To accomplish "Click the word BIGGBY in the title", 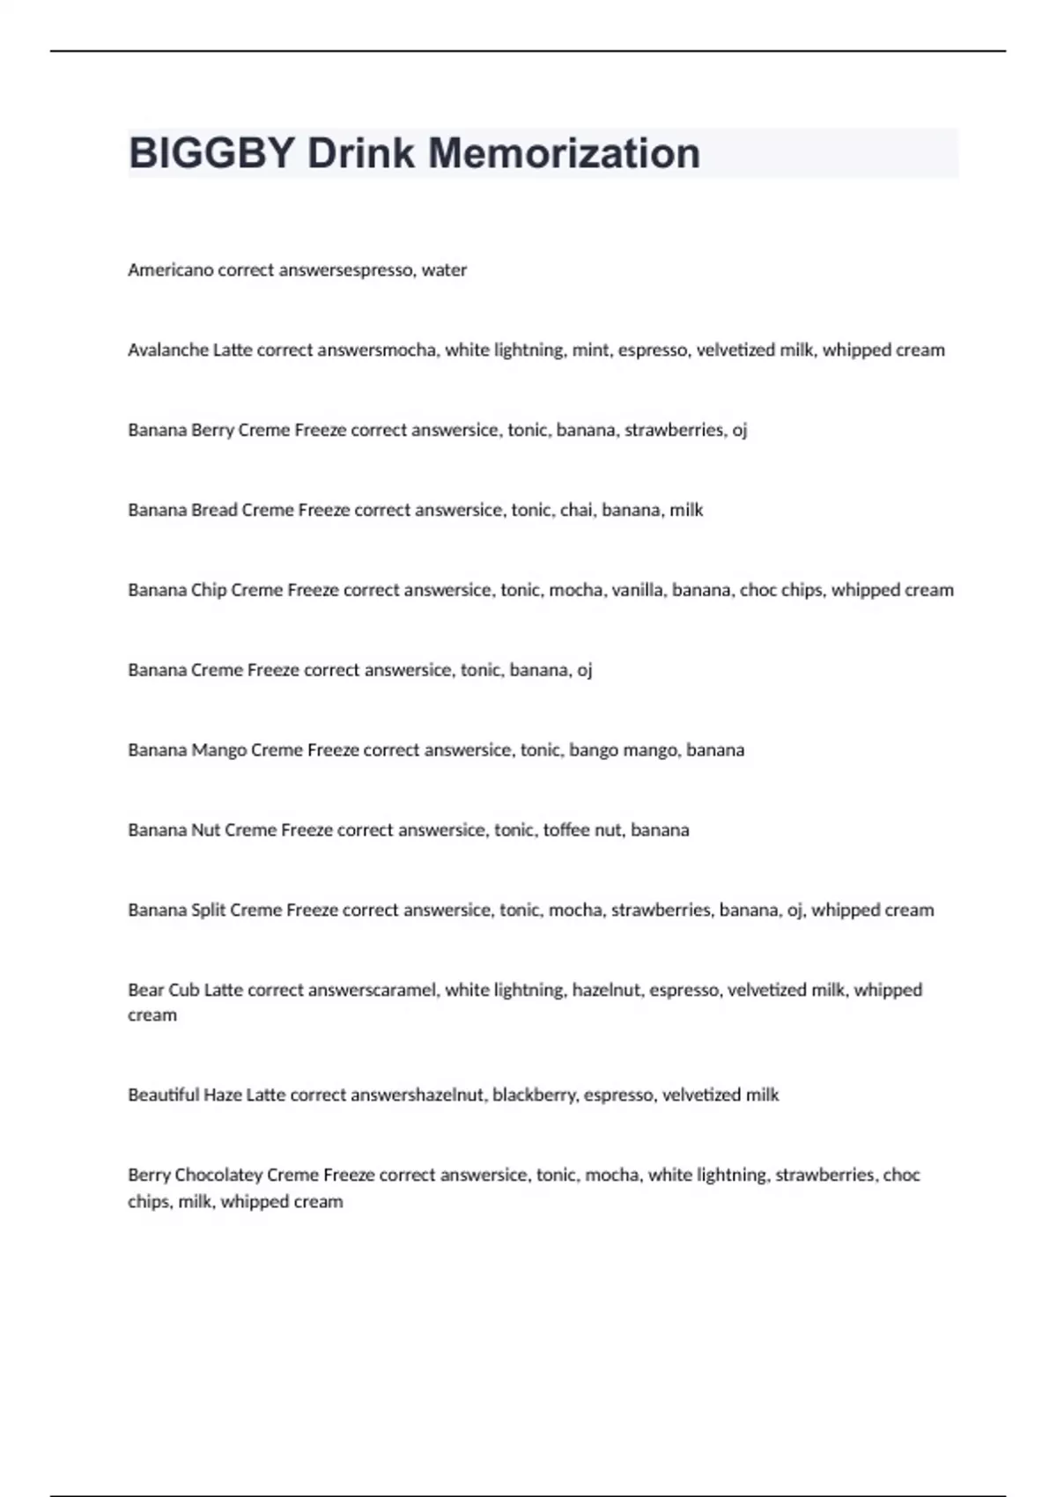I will pyautogui.click(x=211, y=153).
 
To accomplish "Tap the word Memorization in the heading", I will pyautogui.click(x=564, y=153).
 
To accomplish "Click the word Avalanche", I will pyautogui.click(x=168, y=350).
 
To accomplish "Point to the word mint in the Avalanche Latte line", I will pyautogui.click(x=590, y=350).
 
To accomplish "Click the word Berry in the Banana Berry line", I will pyautogui.click(x=212, y=431).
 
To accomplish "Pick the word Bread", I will pyautogui.click(x=214, y=511).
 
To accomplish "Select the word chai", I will pyautogui.click(x=576, y=511).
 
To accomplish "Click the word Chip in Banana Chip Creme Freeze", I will pyautogui.click(x=209, y=590).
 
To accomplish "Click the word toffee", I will pyautogui.click(x=567, y=830).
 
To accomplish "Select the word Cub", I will pyautogui.click(x=184, y=991).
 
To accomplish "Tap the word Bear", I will pyautogui.click(x=145, y=991).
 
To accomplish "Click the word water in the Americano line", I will pyautogui.click(x=444, y=270).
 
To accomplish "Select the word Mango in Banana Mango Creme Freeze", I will pyautogui.click(x=218, y=750).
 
